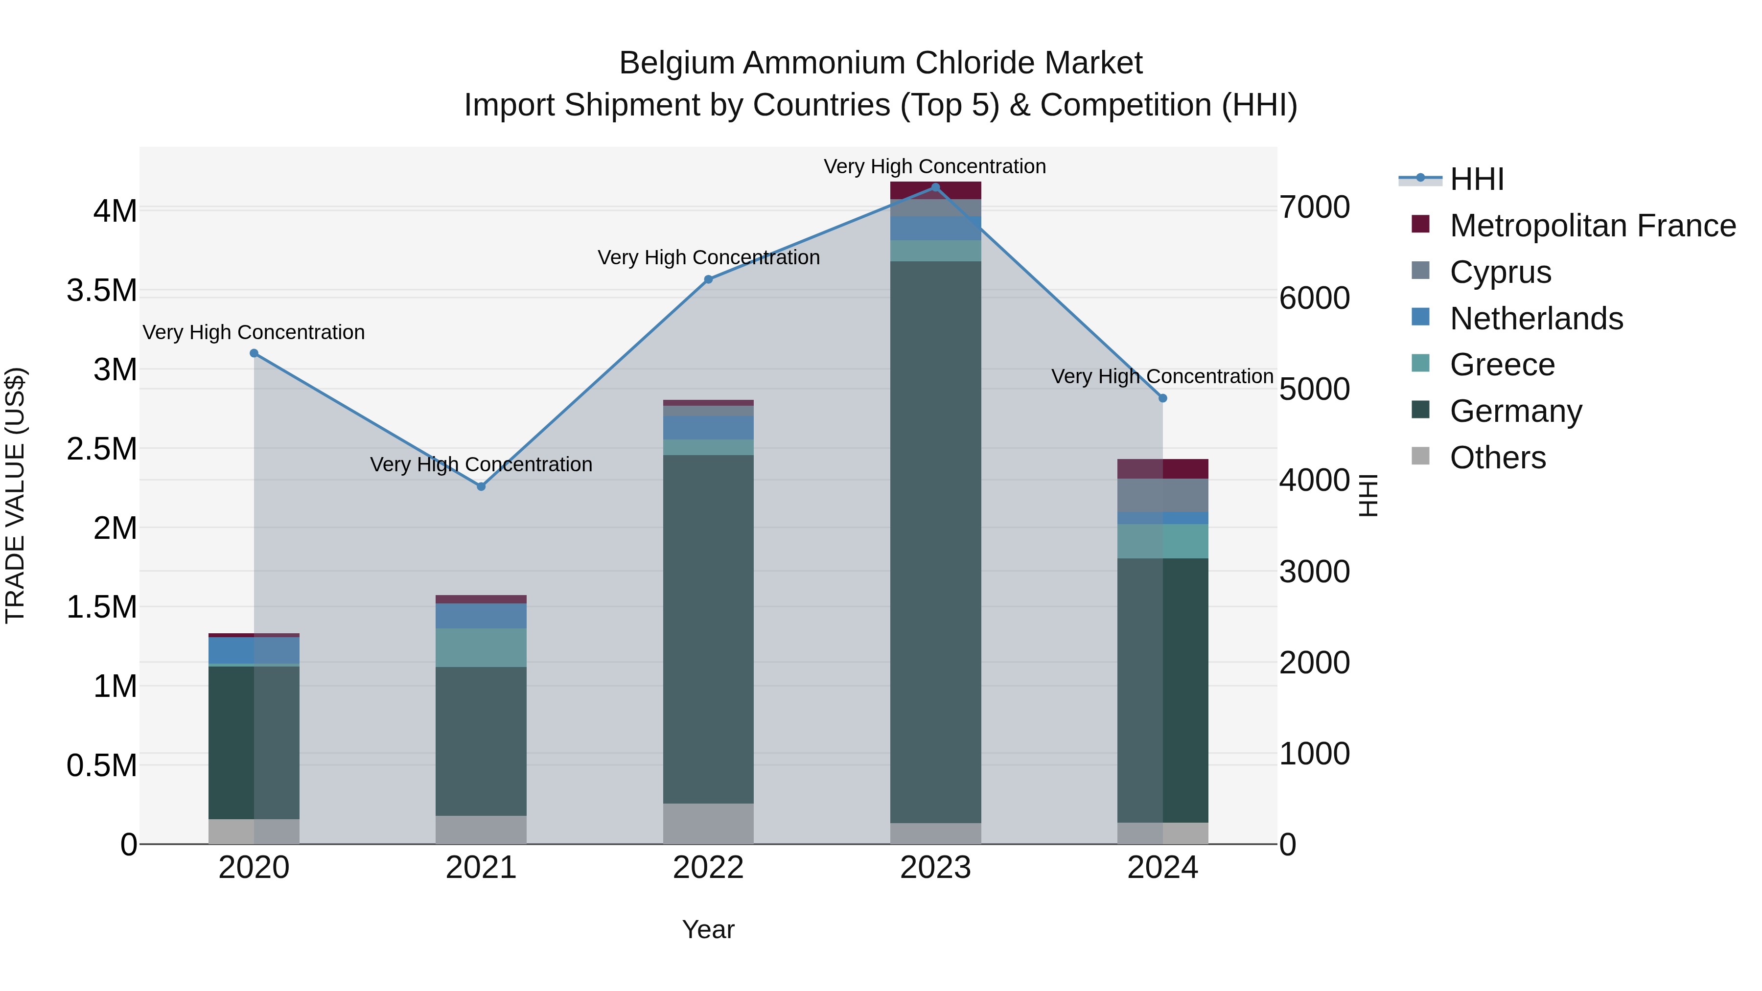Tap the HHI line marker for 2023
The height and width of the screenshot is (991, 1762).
coord(936,187)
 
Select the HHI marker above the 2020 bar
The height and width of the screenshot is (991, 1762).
coord(254,353)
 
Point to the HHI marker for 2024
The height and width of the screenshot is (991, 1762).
coord(1163,398)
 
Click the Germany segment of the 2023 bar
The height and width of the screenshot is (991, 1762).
coord(936,540)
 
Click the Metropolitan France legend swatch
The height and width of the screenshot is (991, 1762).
coord(1421,224)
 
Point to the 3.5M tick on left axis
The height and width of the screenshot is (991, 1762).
coord(102,291)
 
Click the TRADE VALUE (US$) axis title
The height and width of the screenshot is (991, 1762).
coord(15,495)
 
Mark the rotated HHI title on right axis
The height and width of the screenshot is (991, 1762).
coord(1368,495)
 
